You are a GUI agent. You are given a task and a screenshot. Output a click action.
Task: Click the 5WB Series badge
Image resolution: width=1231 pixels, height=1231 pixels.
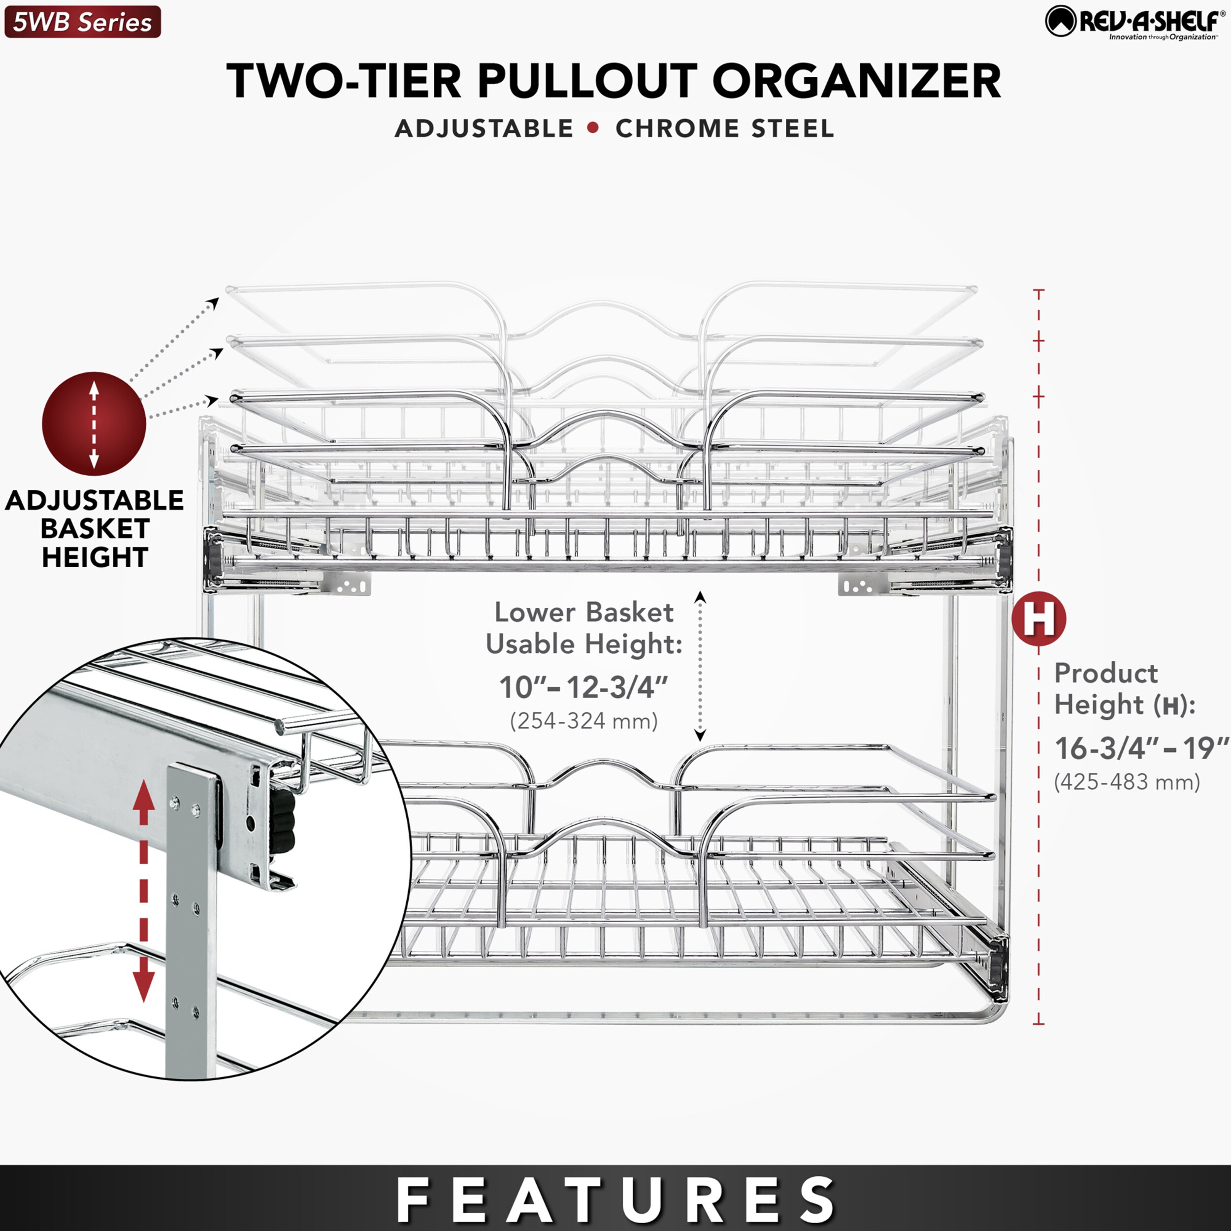82,22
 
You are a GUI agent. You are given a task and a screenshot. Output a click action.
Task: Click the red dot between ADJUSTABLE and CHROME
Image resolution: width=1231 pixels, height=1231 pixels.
593,128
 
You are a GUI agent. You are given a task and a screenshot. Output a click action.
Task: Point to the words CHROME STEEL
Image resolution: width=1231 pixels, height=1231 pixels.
724,129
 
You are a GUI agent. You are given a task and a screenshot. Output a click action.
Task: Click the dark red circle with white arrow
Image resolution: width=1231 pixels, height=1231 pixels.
94,424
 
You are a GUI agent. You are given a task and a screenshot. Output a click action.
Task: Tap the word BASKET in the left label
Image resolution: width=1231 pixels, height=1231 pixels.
95,528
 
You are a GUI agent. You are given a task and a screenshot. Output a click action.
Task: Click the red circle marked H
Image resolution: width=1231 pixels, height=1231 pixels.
1038,618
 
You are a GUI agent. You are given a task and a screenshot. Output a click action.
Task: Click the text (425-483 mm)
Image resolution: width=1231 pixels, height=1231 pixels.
1127,782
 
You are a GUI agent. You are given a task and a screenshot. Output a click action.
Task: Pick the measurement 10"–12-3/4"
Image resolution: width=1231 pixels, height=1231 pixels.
583,687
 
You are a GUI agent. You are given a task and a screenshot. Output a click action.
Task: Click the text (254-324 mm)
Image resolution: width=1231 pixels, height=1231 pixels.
583,721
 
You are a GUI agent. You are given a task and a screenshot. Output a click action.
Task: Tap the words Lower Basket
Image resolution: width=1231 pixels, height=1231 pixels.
583,613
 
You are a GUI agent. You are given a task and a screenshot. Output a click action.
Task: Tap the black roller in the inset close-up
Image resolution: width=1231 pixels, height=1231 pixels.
282,828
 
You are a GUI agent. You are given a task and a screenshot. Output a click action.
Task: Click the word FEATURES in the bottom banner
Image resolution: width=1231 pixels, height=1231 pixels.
615,1200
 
